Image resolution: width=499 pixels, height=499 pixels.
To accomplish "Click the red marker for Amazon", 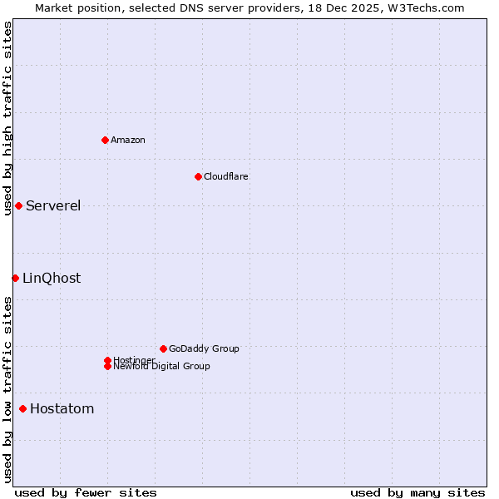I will (105, 140).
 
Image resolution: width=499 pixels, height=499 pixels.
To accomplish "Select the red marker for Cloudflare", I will (198, 176).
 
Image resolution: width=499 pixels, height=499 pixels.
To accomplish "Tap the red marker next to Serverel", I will (18, 205).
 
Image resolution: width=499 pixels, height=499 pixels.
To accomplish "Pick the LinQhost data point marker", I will (15, 278).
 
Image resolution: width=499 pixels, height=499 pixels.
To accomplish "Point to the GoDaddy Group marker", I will (163, 348).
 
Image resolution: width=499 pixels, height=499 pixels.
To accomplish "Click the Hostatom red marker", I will (22, 408).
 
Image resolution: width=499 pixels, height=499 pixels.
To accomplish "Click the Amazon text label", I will (128, 140).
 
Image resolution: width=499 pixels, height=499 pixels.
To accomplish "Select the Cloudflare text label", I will (226, 176).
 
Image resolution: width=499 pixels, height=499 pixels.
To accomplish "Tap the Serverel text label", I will (53, 206).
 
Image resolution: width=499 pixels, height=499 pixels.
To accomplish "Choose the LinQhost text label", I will (52, 279).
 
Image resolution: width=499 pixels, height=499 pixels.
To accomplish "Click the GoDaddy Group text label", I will (204, 348).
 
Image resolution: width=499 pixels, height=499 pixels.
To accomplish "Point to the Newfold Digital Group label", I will (161, 366).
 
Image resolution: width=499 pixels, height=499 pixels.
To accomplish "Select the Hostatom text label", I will (62, 409).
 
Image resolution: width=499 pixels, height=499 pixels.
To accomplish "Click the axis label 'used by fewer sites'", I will (86, 492).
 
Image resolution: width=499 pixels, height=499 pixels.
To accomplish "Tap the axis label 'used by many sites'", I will (417, 492).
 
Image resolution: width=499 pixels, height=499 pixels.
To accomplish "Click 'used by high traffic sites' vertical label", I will (7, 119).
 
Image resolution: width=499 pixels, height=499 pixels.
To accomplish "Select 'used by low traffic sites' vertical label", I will (7, 389).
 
